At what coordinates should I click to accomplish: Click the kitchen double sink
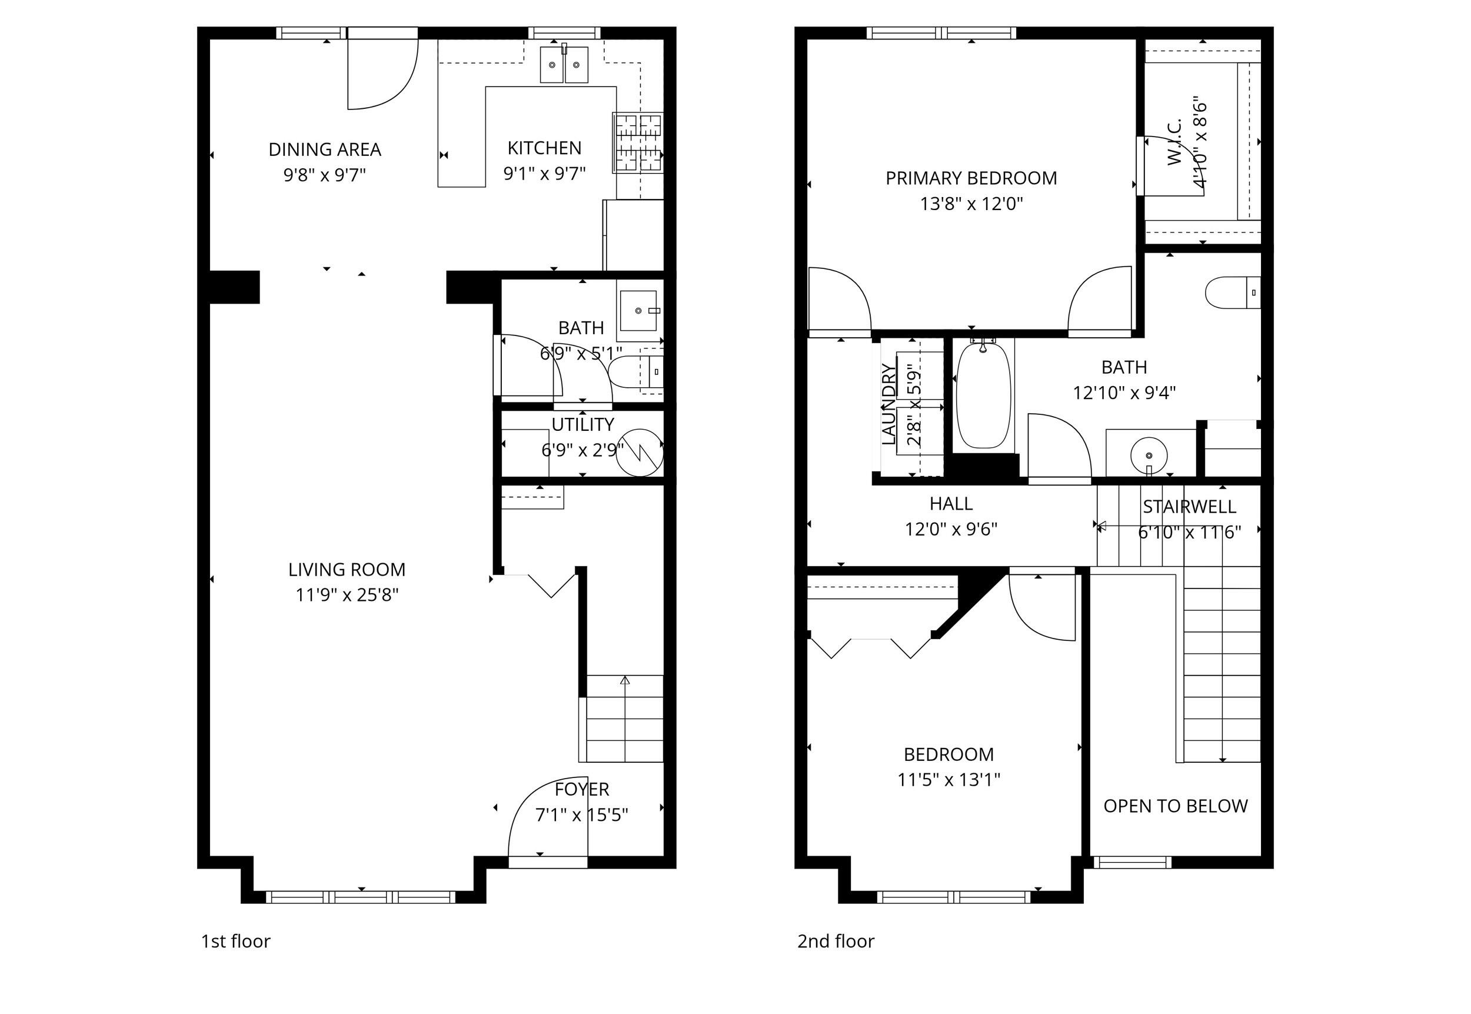(x=564, y=65)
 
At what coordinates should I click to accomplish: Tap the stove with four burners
(x=638, y=142)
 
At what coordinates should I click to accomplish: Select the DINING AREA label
(x=325, y=149)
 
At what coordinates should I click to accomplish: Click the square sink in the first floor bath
(x=638, y=311)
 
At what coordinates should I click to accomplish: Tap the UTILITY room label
(x=583, y=424)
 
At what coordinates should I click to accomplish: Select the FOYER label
(x=582, y=789)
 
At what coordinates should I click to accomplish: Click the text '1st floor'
(x=235, y=941)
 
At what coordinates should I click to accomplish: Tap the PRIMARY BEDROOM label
(x=971, y=178)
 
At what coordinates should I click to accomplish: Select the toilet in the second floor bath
(x=1231, y=292)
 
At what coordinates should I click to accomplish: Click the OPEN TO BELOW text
(x=1175, y=806)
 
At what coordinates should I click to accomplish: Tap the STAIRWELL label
(x=1189, y=506)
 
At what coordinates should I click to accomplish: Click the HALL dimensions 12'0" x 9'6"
(x=951, y=529)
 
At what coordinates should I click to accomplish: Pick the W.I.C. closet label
(x=1175, y=142)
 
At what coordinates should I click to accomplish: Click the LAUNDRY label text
(x=888, y=404)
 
